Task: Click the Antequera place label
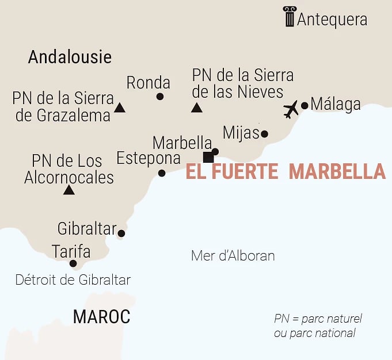tap(332, 19)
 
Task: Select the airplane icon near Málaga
tap(291, 109)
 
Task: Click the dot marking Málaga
tap(305, 105)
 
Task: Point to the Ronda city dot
tap(160, 97)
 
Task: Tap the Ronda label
tap(149, 82)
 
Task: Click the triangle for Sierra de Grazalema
tap(120, 107)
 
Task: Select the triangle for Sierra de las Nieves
tap(197, 107)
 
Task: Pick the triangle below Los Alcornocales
tap(69, 190)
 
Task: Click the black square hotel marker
tap(208, 158)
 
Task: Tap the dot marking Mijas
tap(264, 134)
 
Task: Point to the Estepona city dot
tap(162, 173)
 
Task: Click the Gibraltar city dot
tap(121, 233)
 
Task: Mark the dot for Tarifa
tap(73, 264)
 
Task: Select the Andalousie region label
tap(70, 57)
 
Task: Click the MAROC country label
tap(101, 316)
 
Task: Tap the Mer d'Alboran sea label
tap(233, 256)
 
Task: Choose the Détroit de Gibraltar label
tap(73, 280)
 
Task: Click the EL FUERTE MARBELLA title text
tap(286, 171)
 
